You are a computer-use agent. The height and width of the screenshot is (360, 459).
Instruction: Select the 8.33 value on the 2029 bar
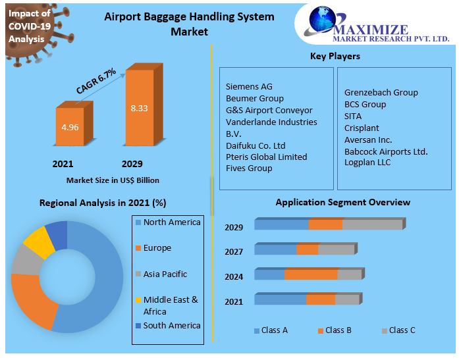[x=139, y=108]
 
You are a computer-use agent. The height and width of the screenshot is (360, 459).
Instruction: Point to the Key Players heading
[x=335, y=56]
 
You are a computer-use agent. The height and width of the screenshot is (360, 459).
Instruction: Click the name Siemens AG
[x=249, y=86]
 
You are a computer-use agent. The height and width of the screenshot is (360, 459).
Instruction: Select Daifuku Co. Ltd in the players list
[x=256, y=145]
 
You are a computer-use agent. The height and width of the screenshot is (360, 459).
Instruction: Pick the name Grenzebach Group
[x=381, y=92]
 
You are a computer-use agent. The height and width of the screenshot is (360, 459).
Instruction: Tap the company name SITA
[x=353, y=116]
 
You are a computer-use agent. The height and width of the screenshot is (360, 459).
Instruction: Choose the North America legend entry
[x=171, y=222]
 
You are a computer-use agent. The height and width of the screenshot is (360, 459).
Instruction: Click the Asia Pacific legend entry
[x=165, y=274]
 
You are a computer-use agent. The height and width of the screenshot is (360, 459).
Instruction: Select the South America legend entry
[x=171, y=325]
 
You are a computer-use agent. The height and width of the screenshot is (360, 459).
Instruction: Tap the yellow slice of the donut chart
[x=38, y=242]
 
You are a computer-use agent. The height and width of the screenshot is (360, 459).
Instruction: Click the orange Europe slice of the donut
[x=31, y=300]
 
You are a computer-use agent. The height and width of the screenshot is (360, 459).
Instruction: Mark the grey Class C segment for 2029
[x=372, y=225]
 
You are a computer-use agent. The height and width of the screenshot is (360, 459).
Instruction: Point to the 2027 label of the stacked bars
[x=234, y=252]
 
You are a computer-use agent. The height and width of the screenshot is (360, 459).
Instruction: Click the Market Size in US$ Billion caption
[x=113, y=180]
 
